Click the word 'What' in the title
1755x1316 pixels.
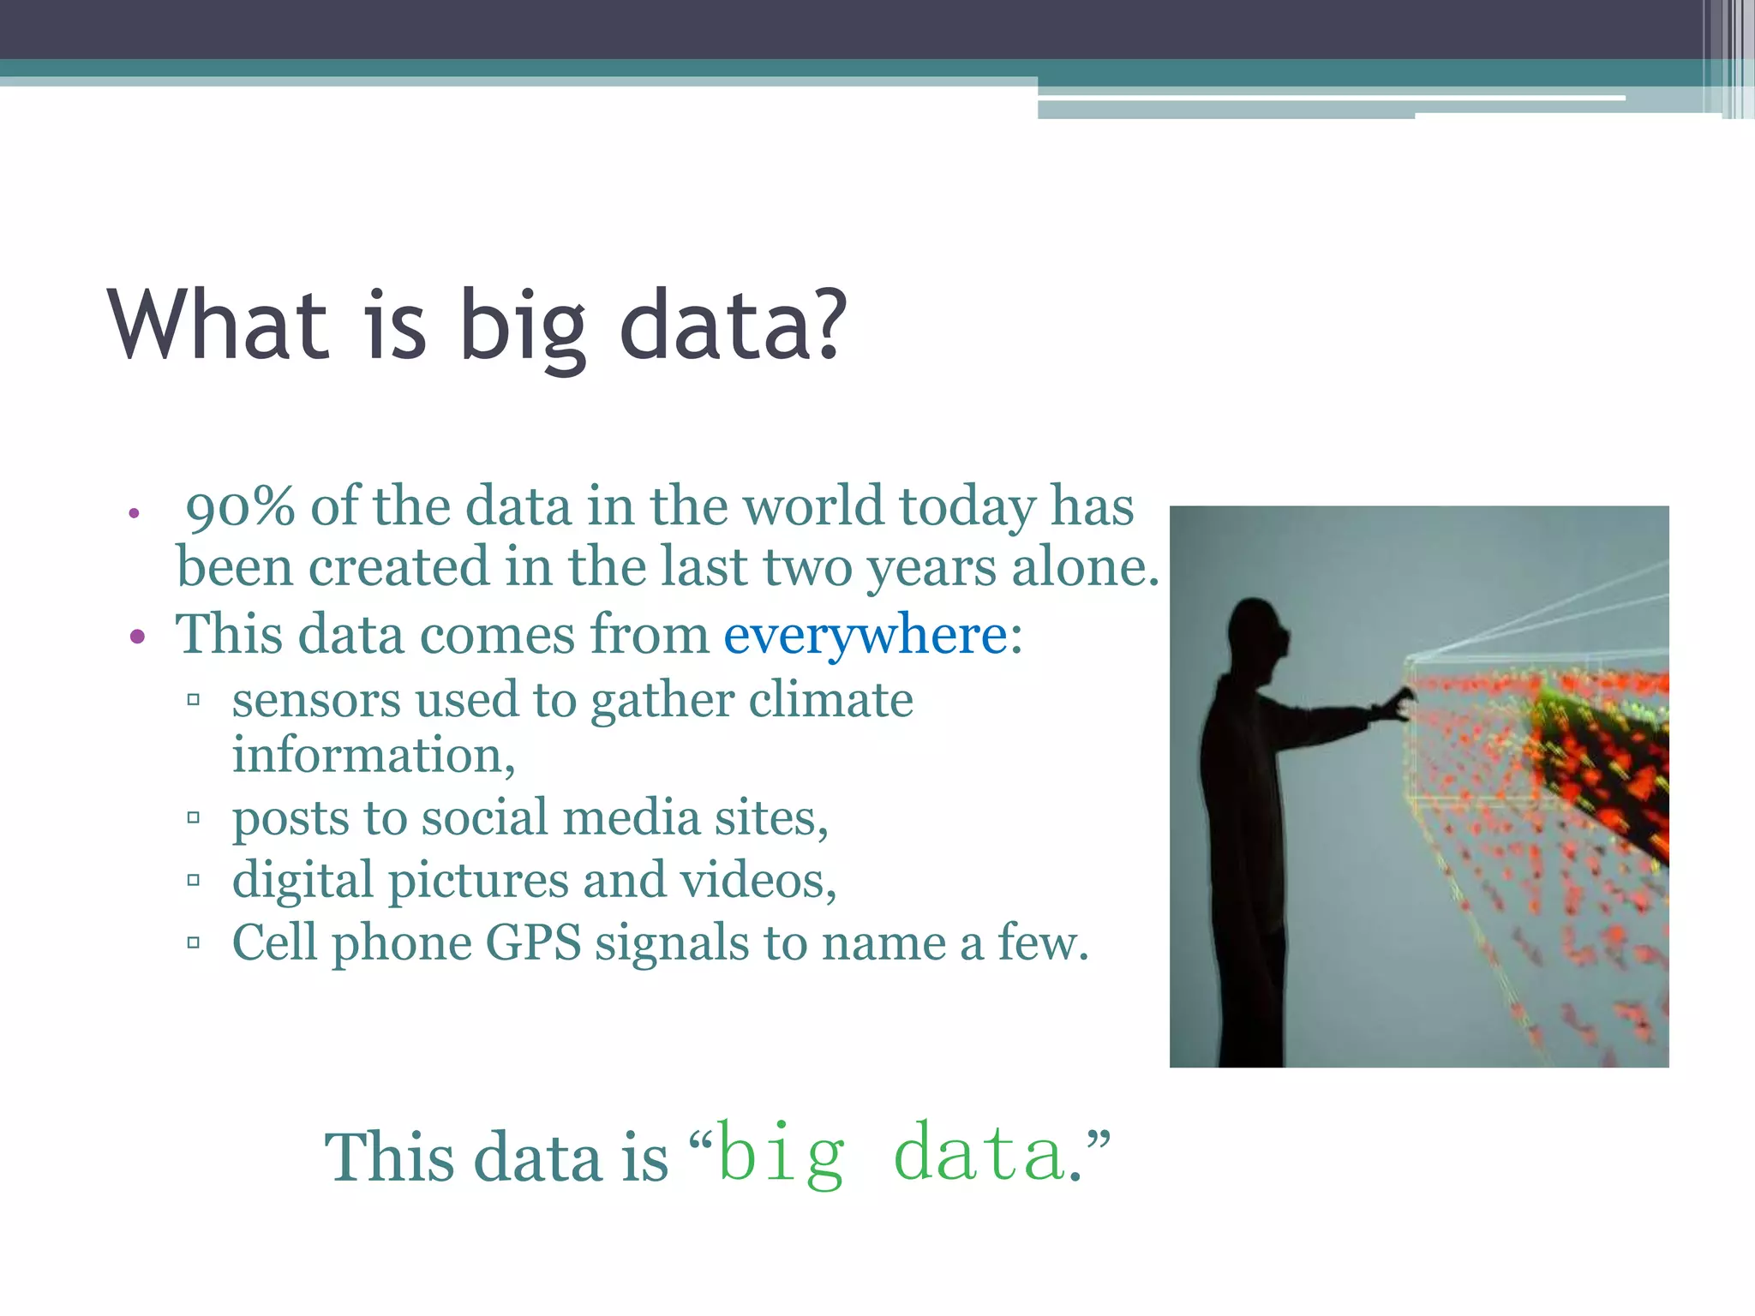tap(219, 326)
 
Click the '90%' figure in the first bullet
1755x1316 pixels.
tap(240, 507)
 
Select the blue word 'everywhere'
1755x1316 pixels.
tap(866, 637)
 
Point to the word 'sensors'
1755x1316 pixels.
tap(314, 701)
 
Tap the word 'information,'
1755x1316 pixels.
tap(374, 757)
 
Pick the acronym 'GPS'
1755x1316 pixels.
tap(533, 943)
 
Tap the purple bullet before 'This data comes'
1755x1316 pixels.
tap(137, 637)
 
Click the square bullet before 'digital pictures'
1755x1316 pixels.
tap(194, 880)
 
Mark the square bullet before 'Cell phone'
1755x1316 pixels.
tap(194, 943)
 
